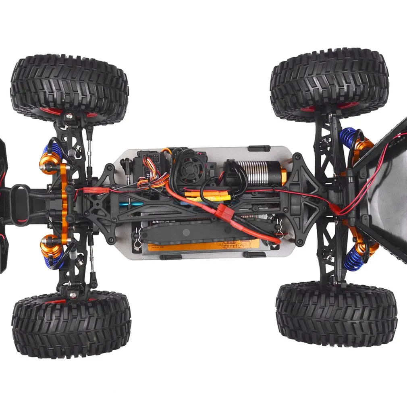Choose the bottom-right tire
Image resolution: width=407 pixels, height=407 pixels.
(x=336, y=314)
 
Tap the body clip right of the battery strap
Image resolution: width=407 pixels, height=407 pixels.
(x=278, y=230)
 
